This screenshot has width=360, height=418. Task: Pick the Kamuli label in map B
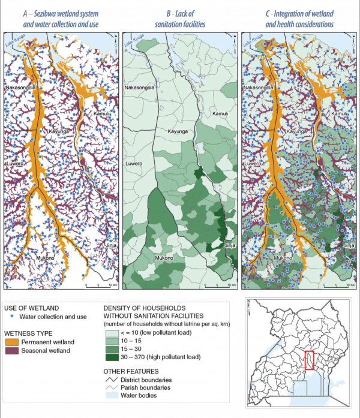pos(220,114)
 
